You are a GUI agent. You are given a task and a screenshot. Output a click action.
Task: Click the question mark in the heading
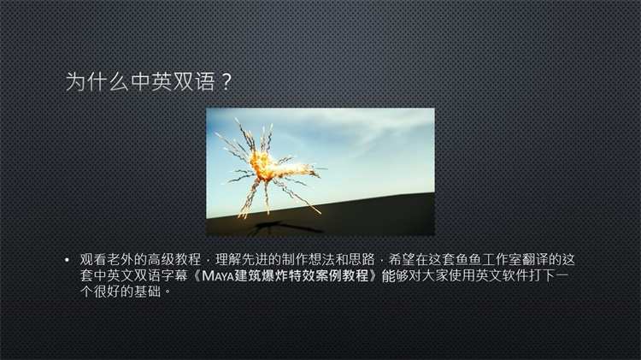pos(226,82)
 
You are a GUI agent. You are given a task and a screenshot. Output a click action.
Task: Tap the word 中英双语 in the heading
pos(173,81)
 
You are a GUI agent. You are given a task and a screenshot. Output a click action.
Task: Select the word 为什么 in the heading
pos(97,81)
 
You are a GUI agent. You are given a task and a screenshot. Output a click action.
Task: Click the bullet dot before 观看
pos(67,260)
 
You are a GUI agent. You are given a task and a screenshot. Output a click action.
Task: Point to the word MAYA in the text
pos(218,275)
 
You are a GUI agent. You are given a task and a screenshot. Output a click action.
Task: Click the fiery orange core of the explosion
pos(262,164)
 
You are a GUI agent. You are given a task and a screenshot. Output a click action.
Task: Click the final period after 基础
pos(167,294)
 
